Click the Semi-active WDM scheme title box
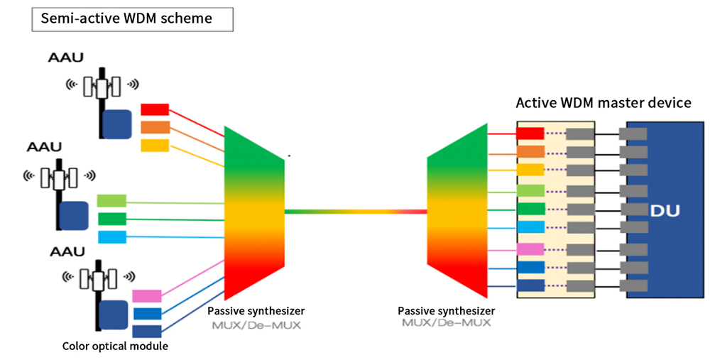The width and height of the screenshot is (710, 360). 132,19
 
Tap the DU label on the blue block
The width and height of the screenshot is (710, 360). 665,211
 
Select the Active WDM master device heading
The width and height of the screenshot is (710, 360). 603,103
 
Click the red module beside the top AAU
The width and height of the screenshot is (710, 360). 155,109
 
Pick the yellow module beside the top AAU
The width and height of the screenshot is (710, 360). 155,146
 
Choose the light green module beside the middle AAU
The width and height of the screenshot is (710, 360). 112,201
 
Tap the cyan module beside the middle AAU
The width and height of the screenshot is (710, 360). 112,237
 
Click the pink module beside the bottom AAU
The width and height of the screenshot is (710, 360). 147,296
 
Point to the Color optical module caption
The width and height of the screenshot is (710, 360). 115,347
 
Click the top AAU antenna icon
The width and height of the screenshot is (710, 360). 102,84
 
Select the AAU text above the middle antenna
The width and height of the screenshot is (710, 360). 44,147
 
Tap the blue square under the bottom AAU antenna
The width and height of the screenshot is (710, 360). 113,315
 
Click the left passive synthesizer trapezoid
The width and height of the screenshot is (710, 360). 254,213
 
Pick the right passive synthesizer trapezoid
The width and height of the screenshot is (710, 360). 457,211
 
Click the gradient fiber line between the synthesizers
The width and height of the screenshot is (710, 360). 356,212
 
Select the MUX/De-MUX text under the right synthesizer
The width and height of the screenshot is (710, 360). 446,323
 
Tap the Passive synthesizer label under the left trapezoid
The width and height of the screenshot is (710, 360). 256,311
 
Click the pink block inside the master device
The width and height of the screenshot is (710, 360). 530,249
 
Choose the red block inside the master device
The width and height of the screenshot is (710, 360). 530,133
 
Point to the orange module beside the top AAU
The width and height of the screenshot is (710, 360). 155,127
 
